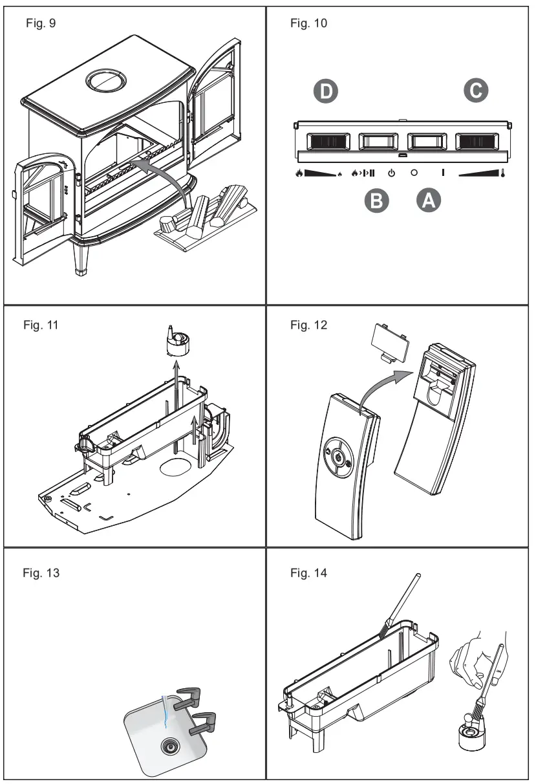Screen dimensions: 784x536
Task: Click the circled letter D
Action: [x=326, y=92]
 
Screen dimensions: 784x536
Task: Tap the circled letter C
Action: [x=477, y=91]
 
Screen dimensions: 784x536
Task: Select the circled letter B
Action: [x=377, y=201]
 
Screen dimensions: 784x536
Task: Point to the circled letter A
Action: [x=427, y=201]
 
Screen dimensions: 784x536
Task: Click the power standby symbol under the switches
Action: [x=391, y=173]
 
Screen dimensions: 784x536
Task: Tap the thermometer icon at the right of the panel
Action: [x=502, y=173]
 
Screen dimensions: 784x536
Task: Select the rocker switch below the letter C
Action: [x=477, y=141]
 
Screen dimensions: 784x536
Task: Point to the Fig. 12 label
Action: [x=308, y=325]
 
